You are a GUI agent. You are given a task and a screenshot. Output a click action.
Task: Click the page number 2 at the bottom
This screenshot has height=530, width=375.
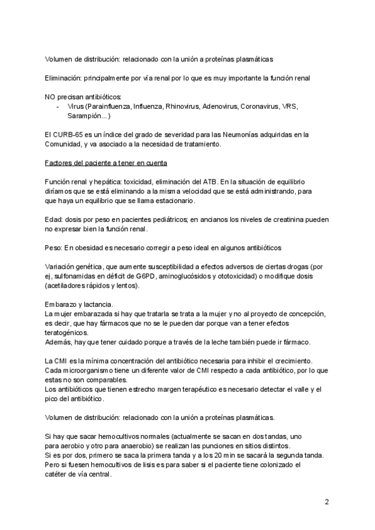pyautogui.click(x=326, y=502)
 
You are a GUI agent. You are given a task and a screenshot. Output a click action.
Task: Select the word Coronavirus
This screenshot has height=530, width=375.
pyautogui.click(x=259, y=107)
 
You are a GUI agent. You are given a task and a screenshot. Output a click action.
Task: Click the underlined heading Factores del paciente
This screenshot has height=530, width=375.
pyautogui.click(x=106, y=163)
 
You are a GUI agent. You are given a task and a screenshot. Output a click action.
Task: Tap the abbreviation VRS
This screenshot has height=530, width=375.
pyautogui.click(x=290, y=107)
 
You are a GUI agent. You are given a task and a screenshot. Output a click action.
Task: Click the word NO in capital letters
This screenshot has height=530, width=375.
pyautogui.click(x=51, y=97)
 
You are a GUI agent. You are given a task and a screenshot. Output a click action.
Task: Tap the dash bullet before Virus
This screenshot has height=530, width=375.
pyautogui.click(x=57, y=107)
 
